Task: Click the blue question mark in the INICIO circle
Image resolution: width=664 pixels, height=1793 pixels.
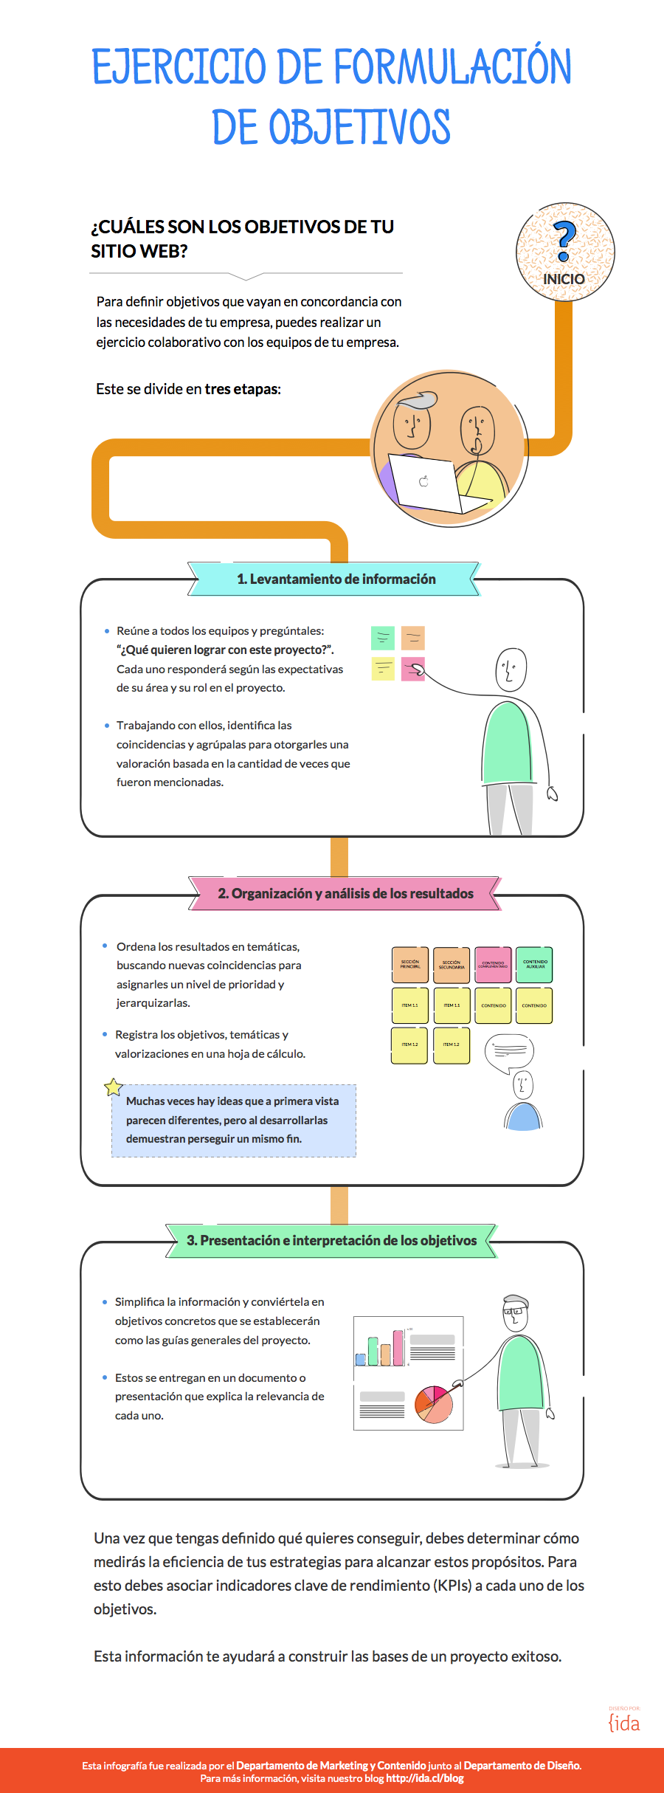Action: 564,241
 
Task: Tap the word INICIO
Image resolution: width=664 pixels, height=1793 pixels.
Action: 564,279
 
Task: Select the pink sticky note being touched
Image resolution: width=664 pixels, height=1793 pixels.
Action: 412,668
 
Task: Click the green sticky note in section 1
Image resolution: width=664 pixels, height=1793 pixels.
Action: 382,637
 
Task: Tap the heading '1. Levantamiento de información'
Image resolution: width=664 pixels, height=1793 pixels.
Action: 336,579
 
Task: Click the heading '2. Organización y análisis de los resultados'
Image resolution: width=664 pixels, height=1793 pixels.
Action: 345,893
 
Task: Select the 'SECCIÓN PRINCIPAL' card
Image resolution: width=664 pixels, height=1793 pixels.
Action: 409,964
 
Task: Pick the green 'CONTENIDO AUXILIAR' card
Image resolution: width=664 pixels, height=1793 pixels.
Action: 534,964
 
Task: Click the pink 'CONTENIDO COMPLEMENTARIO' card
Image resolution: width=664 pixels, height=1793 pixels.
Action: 493,964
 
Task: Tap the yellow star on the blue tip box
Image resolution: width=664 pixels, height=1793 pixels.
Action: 113,1087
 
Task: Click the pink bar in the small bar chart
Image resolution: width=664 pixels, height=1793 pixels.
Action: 398,1347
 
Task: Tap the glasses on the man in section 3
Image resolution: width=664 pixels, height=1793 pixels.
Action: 514,1312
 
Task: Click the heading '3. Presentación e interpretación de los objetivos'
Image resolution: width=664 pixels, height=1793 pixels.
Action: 331,1240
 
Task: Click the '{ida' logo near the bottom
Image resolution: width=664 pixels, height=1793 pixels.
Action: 624,1723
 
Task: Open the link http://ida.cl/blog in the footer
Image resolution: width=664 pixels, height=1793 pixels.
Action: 425,1778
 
